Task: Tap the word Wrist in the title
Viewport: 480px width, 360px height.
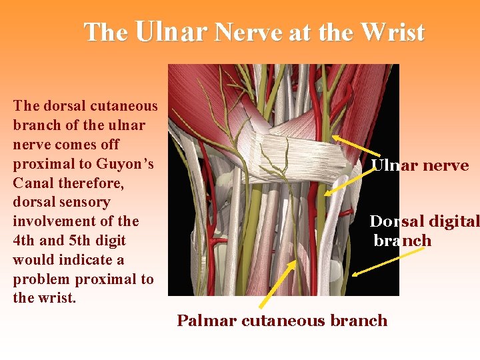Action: [x=391, y=31]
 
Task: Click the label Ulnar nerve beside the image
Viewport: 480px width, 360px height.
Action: [x=419, y=165]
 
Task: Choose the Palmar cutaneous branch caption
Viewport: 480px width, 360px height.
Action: [x=281, y=321]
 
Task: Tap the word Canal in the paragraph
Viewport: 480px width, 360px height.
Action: [x=33, y=183]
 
